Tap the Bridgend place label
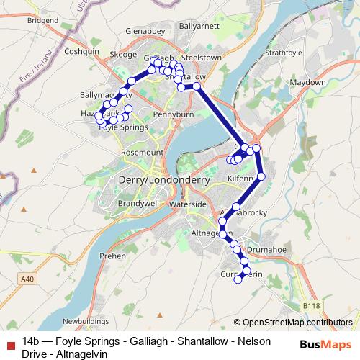click(42, 22)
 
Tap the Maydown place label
click(307, 83)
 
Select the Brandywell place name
click(128, 204)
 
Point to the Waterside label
click(189, 204)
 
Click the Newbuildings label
click(86, 321)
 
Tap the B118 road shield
click(311, 306)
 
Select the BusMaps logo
click(326, 344)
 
